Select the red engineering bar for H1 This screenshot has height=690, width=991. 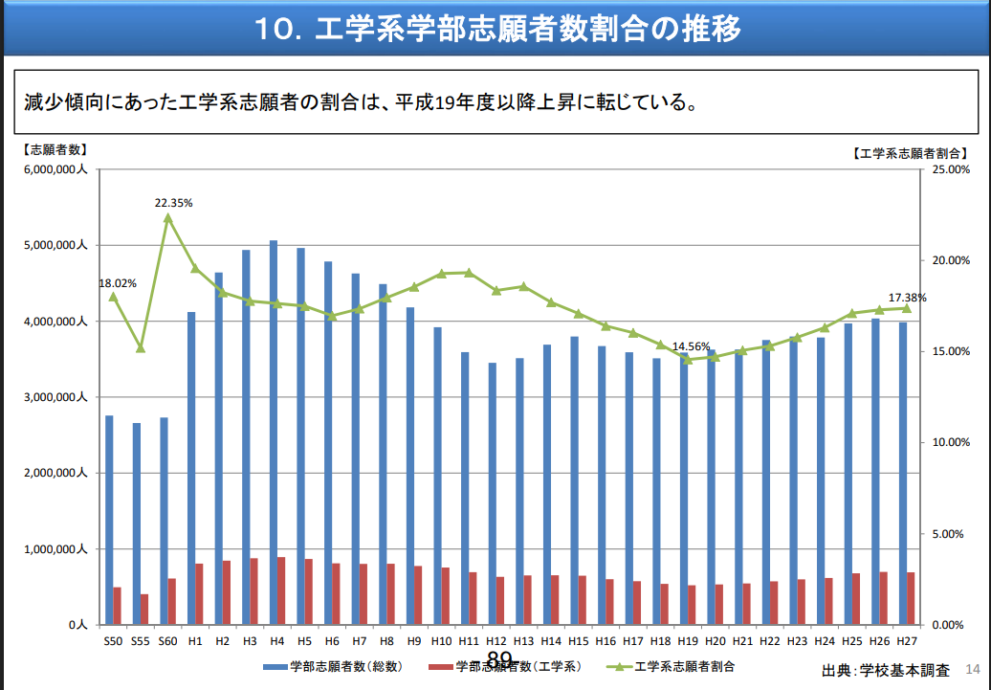point(199,593)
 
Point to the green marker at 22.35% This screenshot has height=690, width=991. point(168,217)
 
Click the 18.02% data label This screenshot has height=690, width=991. point(118,283)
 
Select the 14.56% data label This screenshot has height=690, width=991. point(692,346)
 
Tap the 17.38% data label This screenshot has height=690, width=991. point(907,298)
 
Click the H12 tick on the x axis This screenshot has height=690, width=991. point(496,640)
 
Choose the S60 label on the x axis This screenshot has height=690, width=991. point(168,640)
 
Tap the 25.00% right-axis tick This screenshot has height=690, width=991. point(946,169)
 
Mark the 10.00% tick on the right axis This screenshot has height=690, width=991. point(946,443)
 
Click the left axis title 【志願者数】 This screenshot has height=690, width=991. point(55,150)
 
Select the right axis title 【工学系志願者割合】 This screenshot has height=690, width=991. point(910,152)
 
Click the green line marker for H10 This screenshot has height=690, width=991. point(441,274)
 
